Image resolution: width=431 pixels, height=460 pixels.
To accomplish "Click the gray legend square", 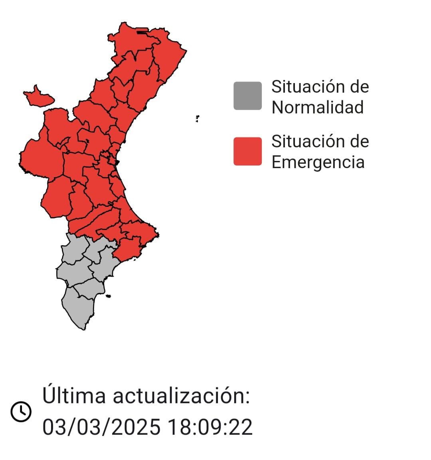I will pos(247,96).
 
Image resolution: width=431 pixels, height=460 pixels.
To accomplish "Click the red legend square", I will pos(247,151).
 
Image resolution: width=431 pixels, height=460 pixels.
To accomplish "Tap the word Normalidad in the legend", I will pos(318,107).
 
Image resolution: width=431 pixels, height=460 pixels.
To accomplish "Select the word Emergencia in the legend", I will pos(318,162).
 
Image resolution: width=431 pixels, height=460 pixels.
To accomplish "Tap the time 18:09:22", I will pos(210,427).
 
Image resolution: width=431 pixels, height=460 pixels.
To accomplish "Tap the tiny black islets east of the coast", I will pos(197,118).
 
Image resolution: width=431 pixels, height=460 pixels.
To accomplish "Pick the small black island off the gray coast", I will pos(108,296).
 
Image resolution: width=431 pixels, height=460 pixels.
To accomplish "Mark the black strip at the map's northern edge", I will pos(142,32).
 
